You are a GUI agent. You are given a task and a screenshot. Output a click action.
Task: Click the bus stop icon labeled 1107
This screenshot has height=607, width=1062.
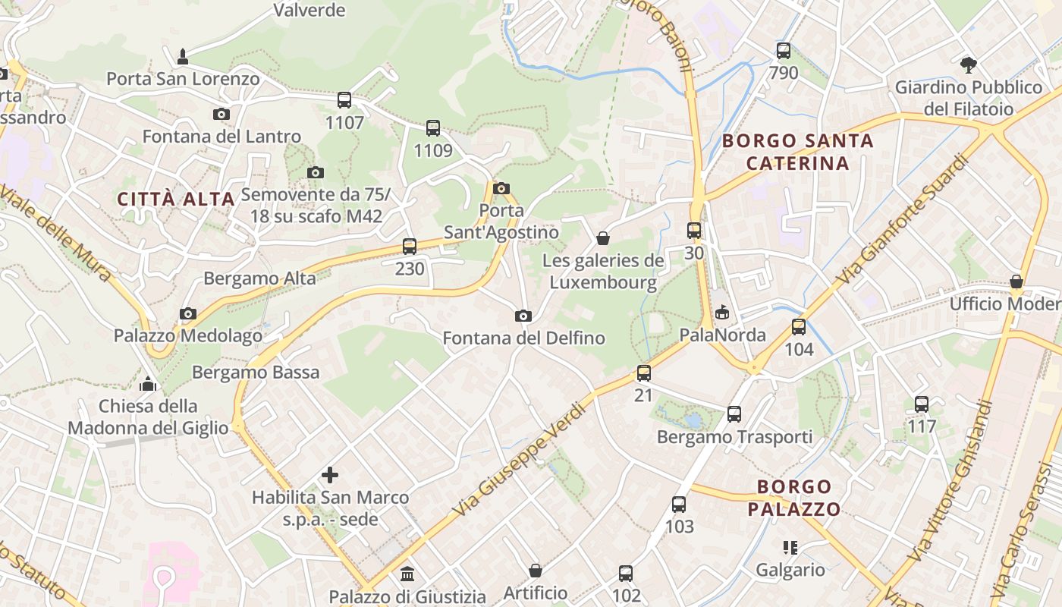point(344,100)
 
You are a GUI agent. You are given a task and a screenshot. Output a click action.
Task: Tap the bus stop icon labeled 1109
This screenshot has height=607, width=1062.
point(433,128)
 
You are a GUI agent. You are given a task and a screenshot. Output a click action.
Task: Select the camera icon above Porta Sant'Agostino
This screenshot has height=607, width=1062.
point(501,188)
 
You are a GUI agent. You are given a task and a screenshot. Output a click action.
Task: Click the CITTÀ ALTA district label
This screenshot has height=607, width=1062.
point(176,199)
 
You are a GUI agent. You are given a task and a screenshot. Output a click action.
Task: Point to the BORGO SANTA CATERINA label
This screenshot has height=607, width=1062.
point(797,152)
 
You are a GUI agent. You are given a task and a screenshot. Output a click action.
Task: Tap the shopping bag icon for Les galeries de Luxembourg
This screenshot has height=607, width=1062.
point(603,238)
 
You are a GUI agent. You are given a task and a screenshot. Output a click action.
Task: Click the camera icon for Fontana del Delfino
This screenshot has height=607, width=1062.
point(523,316)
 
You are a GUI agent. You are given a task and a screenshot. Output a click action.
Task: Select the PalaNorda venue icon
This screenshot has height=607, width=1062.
point(722,312)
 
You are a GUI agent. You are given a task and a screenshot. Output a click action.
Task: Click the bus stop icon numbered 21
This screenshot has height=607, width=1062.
point(643,373)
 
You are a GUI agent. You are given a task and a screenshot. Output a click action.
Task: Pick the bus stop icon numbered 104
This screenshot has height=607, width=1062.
point(799,327)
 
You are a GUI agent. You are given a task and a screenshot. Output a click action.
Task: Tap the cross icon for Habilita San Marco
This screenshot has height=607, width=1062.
point(330,475)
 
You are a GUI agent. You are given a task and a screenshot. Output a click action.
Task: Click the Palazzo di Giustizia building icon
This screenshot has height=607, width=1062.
point(407,574)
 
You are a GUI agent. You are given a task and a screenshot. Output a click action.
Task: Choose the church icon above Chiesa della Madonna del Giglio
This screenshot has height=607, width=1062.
point(148,383)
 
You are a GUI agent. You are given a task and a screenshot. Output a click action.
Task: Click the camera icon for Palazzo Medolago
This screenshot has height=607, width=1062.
point(188,313)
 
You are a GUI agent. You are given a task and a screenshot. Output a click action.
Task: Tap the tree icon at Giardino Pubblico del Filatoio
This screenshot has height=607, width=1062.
point(968,64)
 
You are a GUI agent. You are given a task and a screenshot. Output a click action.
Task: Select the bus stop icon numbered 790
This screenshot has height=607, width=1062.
point(784,51)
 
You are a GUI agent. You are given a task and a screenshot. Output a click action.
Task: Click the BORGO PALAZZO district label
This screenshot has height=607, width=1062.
point(794,497)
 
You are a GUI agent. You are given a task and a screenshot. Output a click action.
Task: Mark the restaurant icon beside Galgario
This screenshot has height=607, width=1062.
point(790,547)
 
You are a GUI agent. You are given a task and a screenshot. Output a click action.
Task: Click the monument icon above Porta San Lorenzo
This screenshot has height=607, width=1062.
point(182,56)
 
